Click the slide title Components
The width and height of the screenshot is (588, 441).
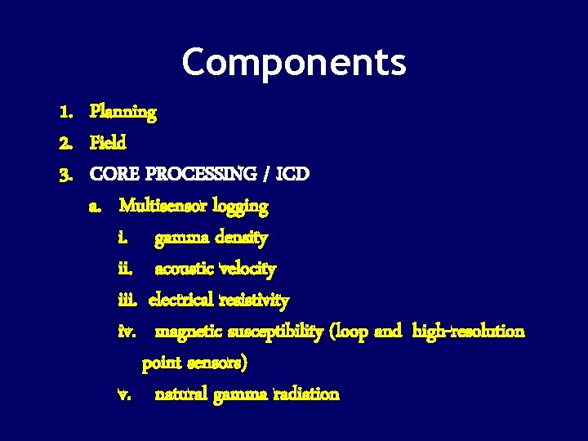(x=294, y=62)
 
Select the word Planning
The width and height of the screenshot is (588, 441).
(x=123, y=112)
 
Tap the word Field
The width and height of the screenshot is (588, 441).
(x=109, y=144)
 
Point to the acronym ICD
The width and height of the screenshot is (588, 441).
(x=292, y=175)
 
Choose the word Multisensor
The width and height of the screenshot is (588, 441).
(x=163, y=206)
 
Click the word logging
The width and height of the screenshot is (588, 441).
(x=240, y=207)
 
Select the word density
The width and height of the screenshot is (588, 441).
(x=241, y=238)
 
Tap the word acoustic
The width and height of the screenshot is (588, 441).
(x=185, y=269)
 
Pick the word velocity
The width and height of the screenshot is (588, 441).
(x=248, y=269)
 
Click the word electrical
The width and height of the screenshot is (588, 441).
(x=181, y=301)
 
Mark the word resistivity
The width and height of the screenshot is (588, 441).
(x=254, y=301)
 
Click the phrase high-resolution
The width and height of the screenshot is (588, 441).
(x=469, y=332)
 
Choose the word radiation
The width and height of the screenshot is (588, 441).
(x=306, y=394)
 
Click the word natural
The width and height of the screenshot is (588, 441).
(x=180, y=394)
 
